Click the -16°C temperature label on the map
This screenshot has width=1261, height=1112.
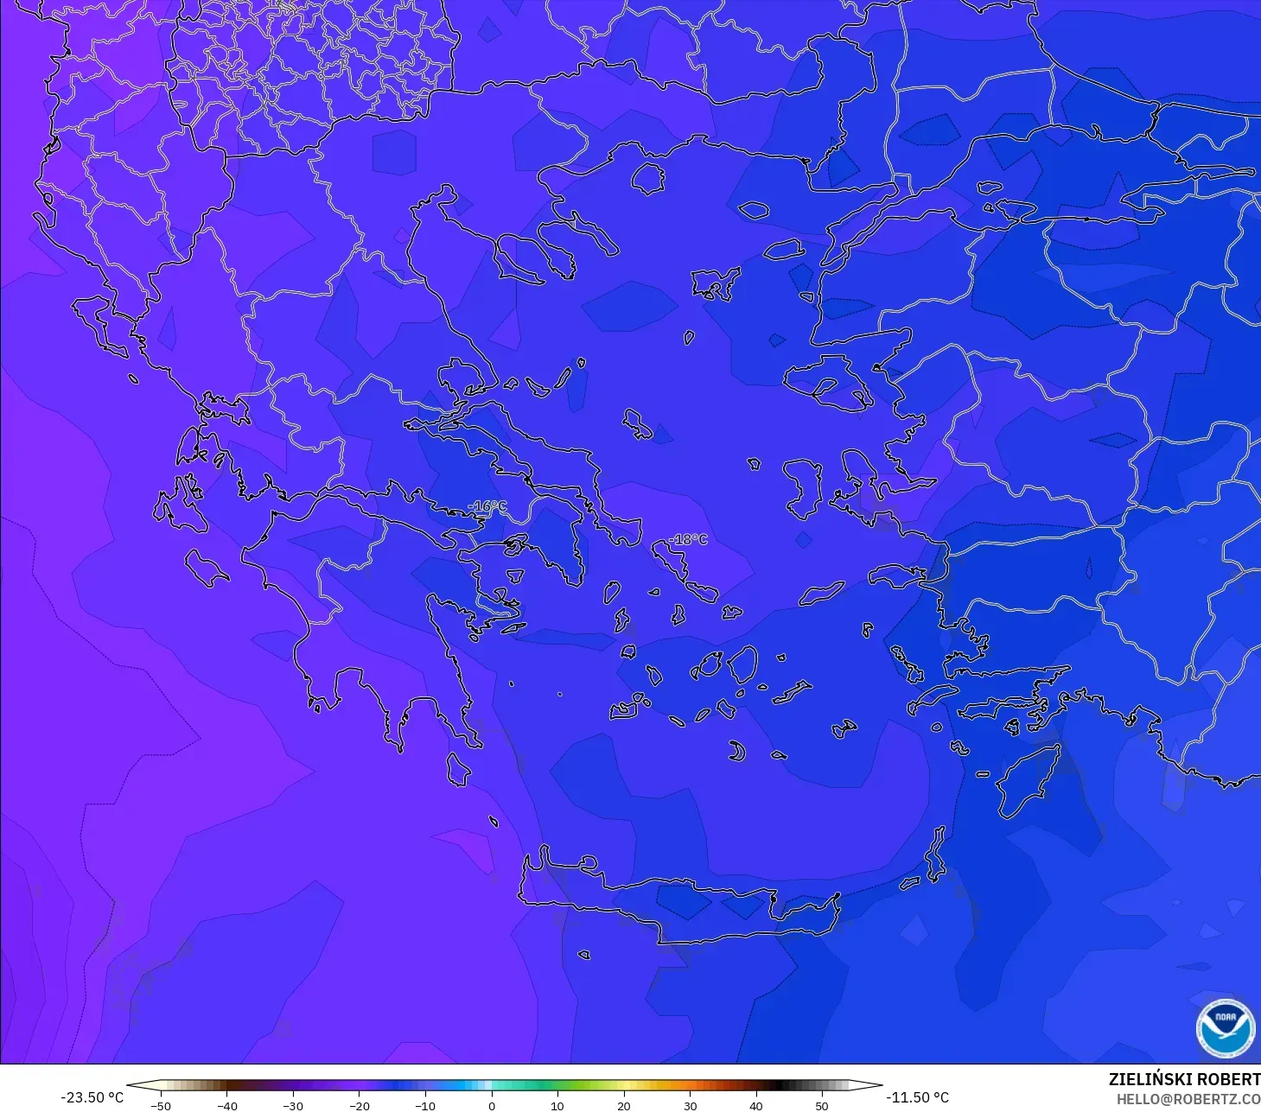pos(487,506)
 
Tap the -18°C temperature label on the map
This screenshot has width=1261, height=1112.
pos(688,540)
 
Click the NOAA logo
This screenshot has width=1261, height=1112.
pos(1225,1027)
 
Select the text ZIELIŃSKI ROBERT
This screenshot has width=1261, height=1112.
pos(1184,1079)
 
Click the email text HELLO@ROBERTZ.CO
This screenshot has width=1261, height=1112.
pos(1188,1099)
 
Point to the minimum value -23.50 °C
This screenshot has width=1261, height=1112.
pos(92,1097)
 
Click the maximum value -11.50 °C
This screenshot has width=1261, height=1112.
pos(918,1097)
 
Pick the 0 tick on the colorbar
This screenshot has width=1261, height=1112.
pos(491,1106)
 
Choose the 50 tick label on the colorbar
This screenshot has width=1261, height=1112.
pos(822,1106)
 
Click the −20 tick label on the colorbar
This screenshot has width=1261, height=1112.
pos(359,1106)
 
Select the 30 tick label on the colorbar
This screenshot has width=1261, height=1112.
pos(690,1106)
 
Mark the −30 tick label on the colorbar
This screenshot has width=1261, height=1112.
pos(292,1106)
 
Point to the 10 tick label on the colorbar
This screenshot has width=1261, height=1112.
pos(557,1106)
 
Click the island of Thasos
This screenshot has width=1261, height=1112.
pos(647,178)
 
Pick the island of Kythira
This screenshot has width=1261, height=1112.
pos(458,769)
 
